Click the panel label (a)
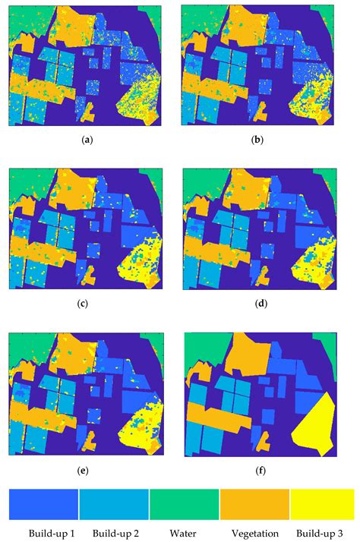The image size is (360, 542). pyautogui.click(x=90, y=140)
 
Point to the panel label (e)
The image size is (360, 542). pyautogui.click(x=90, y=470)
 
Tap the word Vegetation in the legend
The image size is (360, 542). pyautogui.click(x=254, y=534)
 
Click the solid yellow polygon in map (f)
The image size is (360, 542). pyautogui.click(x=315, y=425)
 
